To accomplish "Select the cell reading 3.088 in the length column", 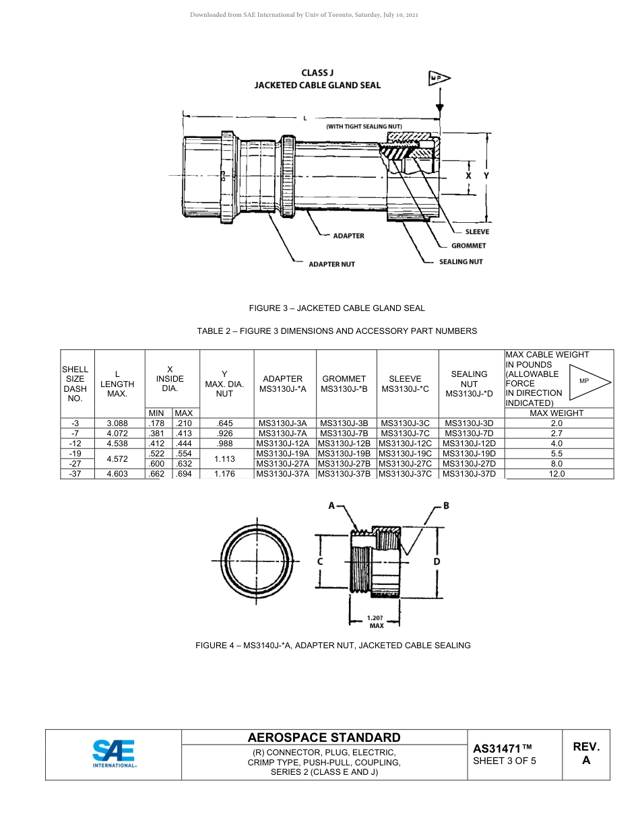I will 117,423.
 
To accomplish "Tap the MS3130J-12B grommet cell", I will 344,444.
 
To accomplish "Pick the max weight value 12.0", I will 556,474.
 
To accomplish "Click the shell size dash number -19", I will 75,454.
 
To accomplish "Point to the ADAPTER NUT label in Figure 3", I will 331,265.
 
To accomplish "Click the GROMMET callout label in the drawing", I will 468,246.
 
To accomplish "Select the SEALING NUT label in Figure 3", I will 461,261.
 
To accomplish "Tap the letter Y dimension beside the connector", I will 486,175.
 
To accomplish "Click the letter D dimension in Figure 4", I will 437,561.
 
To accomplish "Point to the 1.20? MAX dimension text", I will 376,621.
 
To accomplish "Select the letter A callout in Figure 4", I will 331,506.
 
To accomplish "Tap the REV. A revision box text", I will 586,753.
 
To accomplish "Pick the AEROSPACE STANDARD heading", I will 324,738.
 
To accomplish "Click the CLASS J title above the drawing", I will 317,73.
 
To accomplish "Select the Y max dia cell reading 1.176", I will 224,474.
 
